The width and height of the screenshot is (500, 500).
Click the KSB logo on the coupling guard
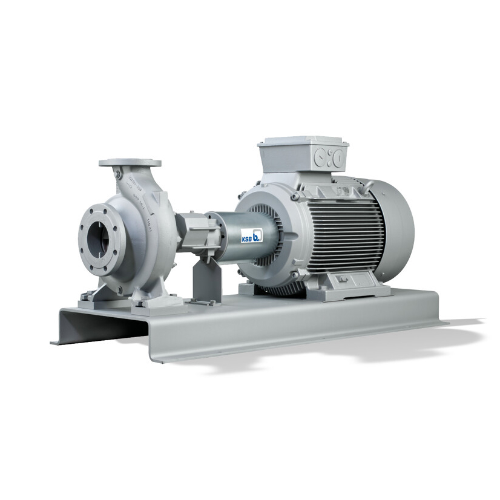pos(251,234)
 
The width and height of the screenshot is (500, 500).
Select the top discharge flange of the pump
pos(130,163)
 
